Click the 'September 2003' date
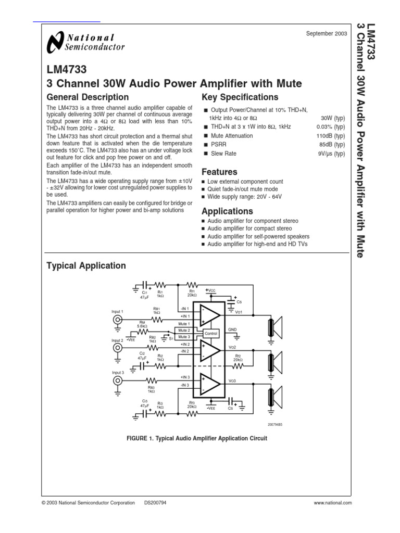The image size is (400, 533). [327, 34]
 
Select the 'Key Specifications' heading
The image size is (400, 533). [240, 97]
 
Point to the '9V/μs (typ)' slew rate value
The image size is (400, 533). [331, 154]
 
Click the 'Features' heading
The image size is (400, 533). [219, 172]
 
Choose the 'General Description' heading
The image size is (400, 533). [87, 97]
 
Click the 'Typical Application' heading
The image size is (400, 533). [86, 266]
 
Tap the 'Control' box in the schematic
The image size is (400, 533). [211, 333]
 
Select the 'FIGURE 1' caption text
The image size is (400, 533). [197, 438]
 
